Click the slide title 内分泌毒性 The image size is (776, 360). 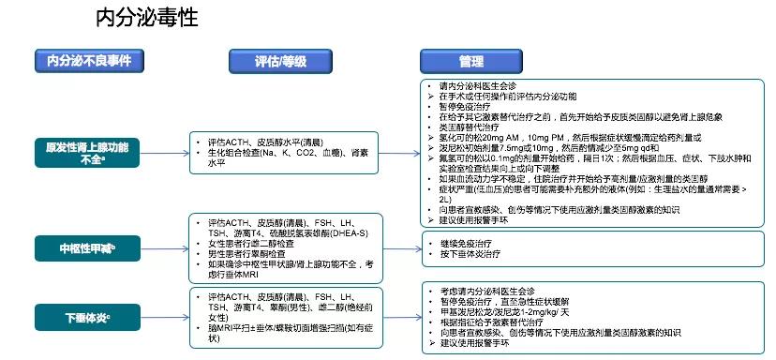pos(146,19)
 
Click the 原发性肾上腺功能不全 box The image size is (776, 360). pos(88,153)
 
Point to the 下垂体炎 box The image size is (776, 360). pos(88,315)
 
